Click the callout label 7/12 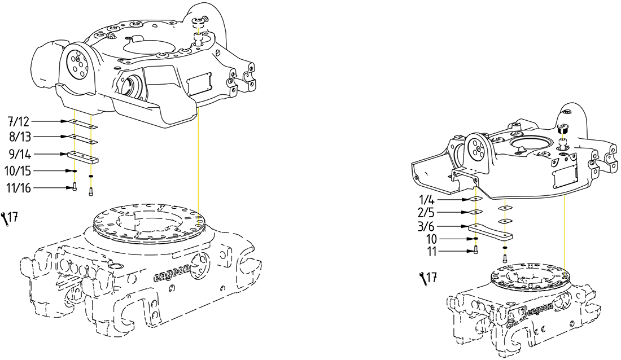click(x=19, y=121)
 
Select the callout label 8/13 click(x=19, y=137)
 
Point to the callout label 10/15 click(x=19, y=170)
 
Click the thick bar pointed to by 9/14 click(x=82, y=156)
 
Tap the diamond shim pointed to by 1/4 click(x=474, y=199)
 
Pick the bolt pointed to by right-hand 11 click(x=475, y=251)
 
